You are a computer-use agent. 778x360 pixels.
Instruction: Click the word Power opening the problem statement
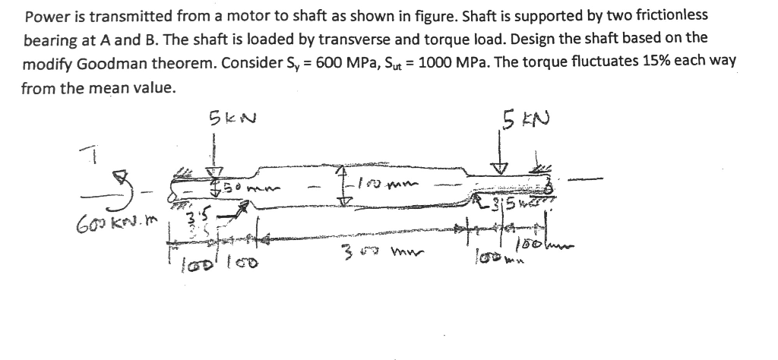tap(42, 15)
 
